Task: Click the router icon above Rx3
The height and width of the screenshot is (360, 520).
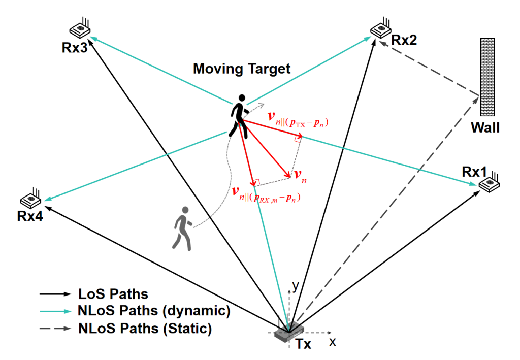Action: pyautogui.click(x=80, y=29)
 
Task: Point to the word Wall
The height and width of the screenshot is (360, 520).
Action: pyautogui.click(x=485, y=127)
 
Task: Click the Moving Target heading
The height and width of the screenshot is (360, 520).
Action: pyautogui.click(x=242, y=69)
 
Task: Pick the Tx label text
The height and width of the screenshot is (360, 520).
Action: pyautogui.click(x=303, y=346)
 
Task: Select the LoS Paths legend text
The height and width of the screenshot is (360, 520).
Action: pyautogui.click(x=113, y=293)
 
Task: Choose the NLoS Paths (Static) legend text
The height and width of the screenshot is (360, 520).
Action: pyautogui.click(x=145, y=328)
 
